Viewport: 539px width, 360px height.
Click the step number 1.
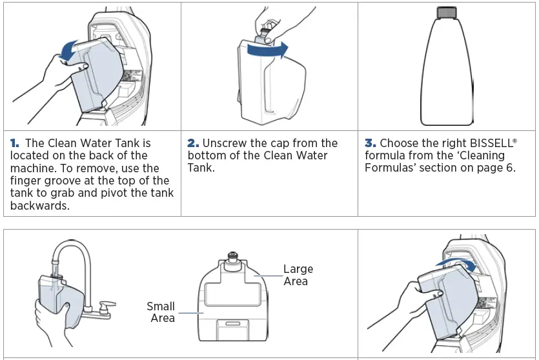[x=15, y=143]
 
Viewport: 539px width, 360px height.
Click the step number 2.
[x=193, y=143]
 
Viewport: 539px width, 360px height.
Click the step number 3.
[x=370, y=143]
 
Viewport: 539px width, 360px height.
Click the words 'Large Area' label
[x=298, y=275]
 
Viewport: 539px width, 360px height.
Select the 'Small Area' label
[x=161, y=312]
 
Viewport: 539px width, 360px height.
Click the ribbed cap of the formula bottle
[x=447, y=13]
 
